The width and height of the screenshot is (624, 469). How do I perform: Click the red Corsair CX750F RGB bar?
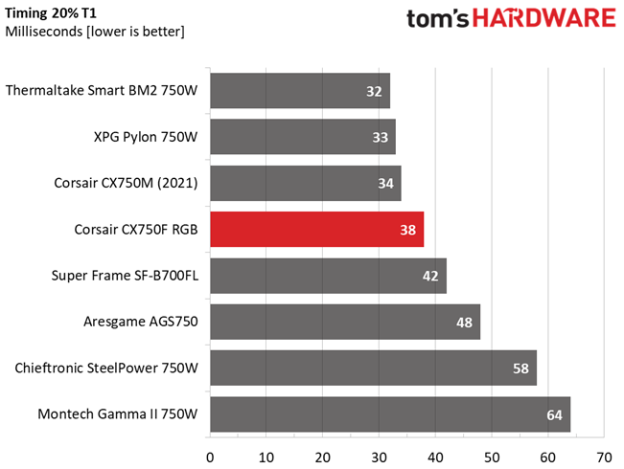pos(316,230)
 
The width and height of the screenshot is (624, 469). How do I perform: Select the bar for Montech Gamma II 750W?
pos(390,414)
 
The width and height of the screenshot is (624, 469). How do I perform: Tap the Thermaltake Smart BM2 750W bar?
pos(300,91)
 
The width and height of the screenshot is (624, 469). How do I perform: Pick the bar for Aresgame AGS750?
pos(345,322)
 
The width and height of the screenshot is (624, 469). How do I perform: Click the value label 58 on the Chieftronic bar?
pos(520,368)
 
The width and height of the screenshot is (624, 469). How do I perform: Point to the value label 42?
pos(430,276)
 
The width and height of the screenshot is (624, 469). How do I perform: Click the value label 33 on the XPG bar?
pos(380,137)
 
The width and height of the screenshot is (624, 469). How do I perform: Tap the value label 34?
pos(385,183)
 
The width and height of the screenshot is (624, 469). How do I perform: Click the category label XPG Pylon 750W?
pos(146,137)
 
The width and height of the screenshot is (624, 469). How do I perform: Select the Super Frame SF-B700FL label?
pos(125,276)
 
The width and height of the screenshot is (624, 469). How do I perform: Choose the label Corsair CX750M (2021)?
pos(126,183)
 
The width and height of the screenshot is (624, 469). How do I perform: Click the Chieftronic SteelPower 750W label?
pos(106,368)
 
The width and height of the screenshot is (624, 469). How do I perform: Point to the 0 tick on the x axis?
pos(210,458)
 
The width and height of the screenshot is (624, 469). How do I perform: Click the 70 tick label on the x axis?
pos(604,458)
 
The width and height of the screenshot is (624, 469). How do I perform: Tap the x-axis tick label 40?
pos(435,458)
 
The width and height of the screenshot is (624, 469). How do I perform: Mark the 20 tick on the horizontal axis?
pos(323,458)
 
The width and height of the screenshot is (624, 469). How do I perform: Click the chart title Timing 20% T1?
pos(51,13)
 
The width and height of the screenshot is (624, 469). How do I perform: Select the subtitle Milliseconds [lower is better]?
pos(95,32)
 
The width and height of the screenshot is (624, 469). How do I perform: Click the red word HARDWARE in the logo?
pos(544,18)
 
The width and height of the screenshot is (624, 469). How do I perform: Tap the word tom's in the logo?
pos(438,19)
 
